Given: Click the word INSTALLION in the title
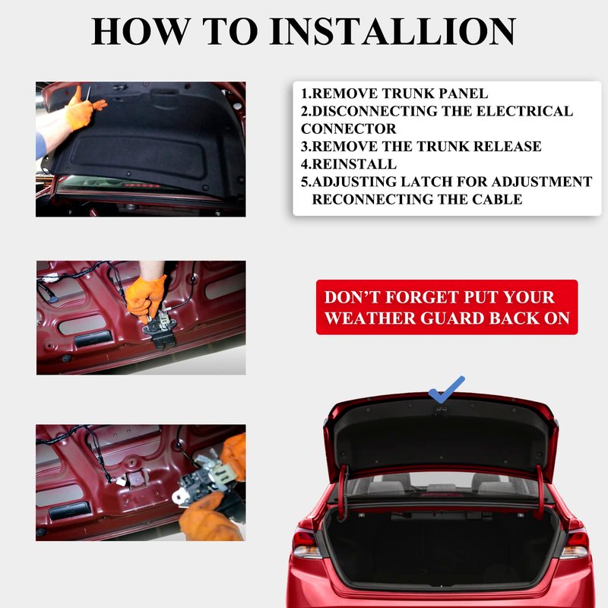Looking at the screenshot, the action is [x=393, y=31].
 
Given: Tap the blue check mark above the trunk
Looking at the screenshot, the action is [x=447, y=389].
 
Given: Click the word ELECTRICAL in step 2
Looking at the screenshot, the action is [x=524, y=111].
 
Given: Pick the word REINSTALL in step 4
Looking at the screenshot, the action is [x=354, y=164].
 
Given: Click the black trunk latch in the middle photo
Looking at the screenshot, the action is [x=160, y=327].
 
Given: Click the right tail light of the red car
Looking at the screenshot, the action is [x=575, y=544].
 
